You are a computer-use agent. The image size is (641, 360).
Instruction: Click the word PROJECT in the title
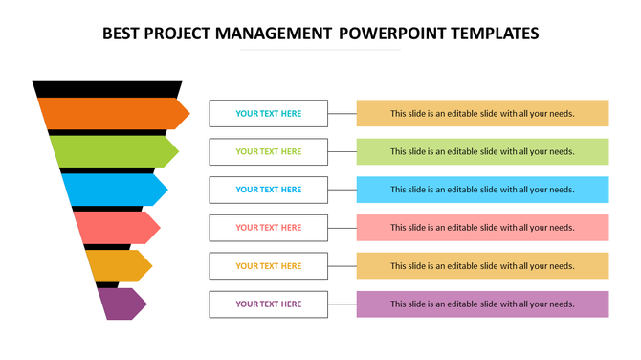tap(178, 34)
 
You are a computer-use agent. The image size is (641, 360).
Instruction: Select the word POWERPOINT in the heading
tap(386, 34)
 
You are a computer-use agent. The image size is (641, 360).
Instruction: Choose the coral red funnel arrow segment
tap(115, 227)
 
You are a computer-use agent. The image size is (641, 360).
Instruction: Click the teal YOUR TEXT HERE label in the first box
tap(269, 113)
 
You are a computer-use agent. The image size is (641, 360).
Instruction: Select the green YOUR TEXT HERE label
tap(269, 151)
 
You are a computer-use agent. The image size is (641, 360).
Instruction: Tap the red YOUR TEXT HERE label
tap(269, 228)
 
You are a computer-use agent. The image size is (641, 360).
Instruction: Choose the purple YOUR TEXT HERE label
tap(269, 304)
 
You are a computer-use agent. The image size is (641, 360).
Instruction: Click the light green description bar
tap(482, 151)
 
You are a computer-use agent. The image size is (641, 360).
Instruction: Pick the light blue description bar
tap(482, 190)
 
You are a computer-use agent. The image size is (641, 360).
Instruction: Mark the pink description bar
tap(482, 228)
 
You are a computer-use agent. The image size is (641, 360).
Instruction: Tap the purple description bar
tap(482, 304)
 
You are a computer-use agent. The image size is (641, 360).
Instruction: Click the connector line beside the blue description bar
tap(343, 190)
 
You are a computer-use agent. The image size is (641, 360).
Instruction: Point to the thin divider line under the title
tap(320, 50)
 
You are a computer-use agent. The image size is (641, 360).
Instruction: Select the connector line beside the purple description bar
tap(343, 304)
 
